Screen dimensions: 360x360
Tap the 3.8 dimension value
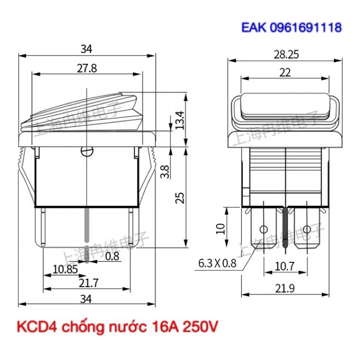click(x=165, y=171)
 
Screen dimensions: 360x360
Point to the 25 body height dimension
click(x=180, y=198)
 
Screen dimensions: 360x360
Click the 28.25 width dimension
click(x=285, y=54)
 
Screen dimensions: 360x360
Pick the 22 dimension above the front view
click(x=285, y=72)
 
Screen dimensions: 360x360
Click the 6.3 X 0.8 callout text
click(x=217, y=264)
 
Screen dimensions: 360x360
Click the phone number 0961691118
click(x=306, y=27)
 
